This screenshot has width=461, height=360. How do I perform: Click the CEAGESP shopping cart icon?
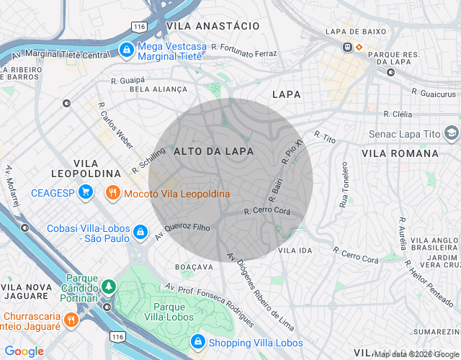[86, 192]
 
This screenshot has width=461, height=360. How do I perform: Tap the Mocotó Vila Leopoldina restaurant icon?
[112, 194]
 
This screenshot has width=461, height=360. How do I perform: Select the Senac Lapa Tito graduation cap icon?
[451, 133]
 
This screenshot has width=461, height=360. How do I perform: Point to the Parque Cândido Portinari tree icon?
[108, 286]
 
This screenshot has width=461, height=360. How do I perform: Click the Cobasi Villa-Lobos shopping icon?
[141, 233]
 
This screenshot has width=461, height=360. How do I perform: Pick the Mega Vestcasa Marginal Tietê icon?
[126, 49]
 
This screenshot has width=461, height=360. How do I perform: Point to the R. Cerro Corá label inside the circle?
[267, 212]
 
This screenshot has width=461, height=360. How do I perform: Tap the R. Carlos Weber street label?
[115, 129]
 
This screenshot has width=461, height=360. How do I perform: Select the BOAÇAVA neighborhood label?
[194, 266]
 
